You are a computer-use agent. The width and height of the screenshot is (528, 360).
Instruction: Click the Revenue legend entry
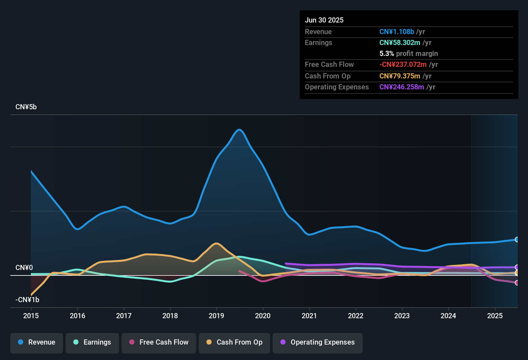coord(37,342)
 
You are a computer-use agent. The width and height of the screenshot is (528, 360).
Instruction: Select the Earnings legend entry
coord(92,342)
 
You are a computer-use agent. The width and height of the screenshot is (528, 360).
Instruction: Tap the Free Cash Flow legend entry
coord(159,342)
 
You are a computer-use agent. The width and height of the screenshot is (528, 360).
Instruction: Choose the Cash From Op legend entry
coord(234,342)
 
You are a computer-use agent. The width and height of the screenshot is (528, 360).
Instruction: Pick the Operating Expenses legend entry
coord(318,342)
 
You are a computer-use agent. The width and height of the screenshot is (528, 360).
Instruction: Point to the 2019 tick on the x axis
coord(216,316)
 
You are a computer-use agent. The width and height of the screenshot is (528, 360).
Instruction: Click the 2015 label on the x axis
coord(31,316)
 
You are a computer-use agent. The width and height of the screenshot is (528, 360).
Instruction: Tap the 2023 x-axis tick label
coord(402,316)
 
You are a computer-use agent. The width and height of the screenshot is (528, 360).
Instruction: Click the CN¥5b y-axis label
coord(26,107)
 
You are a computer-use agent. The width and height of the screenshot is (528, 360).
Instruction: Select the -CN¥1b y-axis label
coord(27,300)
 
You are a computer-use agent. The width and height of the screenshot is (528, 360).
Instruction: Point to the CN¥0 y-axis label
coord(24,268)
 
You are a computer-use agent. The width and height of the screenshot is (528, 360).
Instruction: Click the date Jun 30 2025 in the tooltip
coord(324,20)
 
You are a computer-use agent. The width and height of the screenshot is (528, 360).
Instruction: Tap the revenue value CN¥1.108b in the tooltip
coord(396,32)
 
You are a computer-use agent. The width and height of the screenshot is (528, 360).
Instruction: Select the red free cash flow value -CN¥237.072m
coord(403,64)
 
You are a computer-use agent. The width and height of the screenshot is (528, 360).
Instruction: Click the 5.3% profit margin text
coord(408,53)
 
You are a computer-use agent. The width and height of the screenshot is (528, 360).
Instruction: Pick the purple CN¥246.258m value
coord(402,87)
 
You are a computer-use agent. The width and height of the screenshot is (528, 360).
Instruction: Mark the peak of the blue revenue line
coord(239,130)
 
